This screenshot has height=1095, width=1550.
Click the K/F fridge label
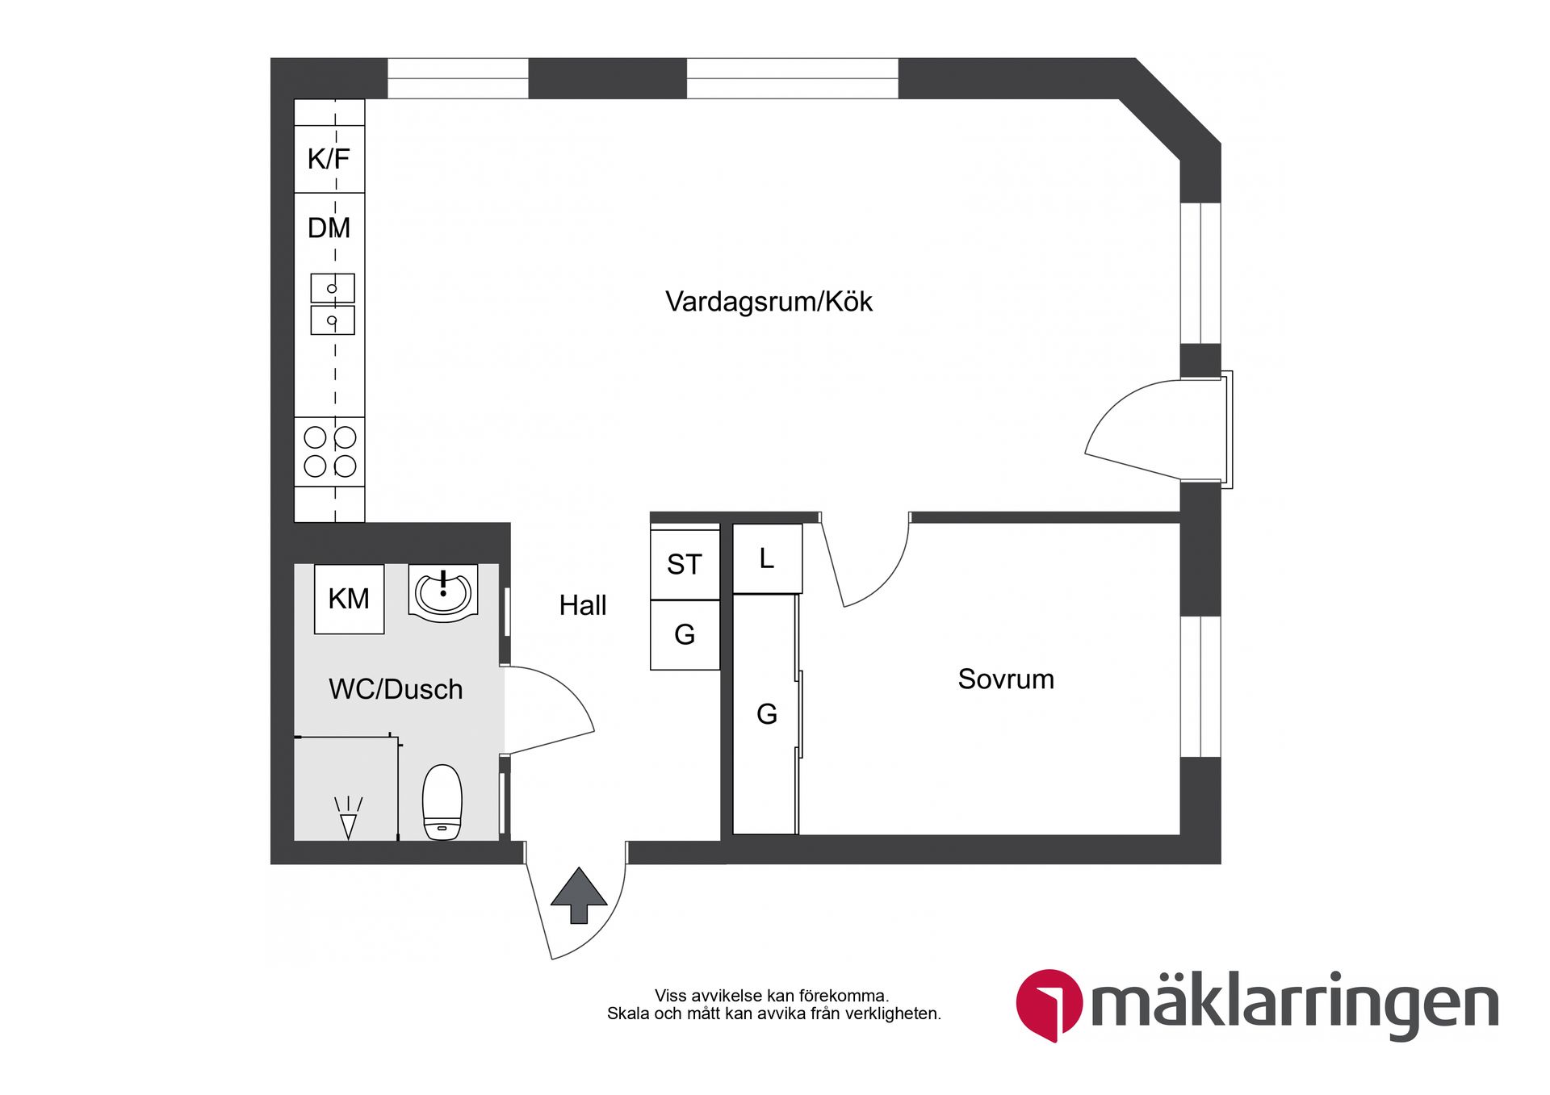pyautogui.click(x=329, y=159)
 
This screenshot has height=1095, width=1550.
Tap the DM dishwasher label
pyautogui.click(x=329, y=228)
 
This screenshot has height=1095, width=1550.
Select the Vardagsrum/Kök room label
pyautogui.click(x=769, y=302)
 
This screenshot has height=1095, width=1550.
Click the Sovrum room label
pyautogui.click(x=1006, y=679)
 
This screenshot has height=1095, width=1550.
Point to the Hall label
pyautogui.click(x=583, y=605)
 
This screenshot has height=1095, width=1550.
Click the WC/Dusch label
pyautogui.click(x=396, y=689)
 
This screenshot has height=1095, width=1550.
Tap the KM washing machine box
pyautogui.click(x=349, y=599)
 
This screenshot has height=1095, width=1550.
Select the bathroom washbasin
pyautogui.click(x=443, y=593)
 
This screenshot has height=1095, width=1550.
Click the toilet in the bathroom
pyautogui.click(x=442, y=802)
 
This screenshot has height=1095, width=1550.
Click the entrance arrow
pyautogui.click(x=579, y=896)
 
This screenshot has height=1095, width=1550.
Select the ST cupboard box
pyautogui.click(x=685, y=564)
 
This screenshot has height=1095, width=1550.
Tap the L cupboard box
pyautogui.click(x=767, y=558)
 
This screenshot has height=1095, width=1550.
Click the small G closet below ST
pyautogui.click(x=685, y=635)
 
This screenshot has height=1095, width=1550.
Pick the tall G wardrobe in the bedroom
pyautogui.click(x=766, y=714)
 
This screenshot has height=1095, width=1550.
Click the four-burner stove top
pyautogui.click(x=329, y=452)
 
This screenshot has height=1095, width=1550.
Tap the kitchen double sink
pyautogui.click(x=333, y=304)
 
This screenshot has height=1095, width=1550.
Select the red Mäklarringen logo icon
pyautogui.click(x=1049, y=1005)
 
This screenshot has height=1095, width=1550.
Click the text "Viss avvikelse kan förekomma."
pyautogui.click(x=771, y=996)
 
